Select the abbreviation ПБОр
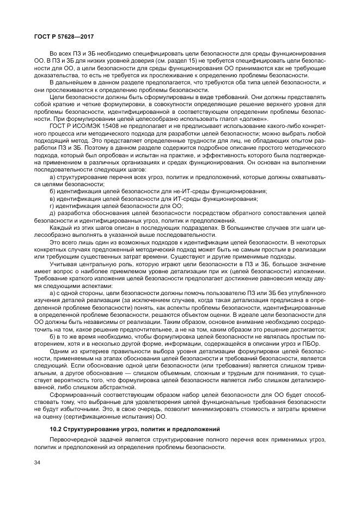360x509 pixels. (312, 344)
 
